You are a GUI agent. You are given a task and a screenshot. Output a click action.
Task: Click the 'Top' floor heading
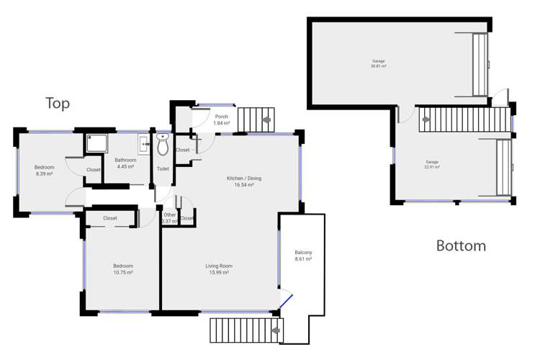[x=58, y=104]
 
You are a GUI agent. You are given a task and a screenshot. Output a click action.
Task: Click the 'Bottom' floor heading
[x=461, y=246]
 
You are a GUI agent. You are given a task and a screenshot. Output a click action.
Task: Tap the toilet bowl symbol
[x=163, y=146]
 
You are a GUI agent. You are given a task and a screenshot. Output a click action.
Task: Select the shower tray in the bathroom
[x=96, y=144]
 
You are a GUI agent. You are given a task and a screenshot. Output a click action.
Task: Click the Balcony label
[x=303, y=253]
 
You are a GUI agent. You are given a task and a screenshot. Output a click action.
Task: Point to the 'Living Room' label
[x=219, y=266]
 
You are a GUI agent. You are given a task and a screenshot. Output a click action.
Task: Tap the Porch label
[x=221, y=117]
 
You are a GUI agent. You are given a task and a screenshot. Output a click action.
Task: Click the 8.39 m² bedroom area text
[x=45, y=174]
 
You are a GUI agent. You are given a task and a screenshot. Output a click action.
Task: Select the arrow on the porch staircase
[x=267, y=120]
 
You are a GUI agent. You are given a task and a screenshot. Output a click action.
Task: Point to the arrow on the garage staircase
[x=426, y=120]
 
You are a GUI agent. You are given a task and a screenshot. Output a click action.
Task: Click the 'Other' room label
[x=169, y=215]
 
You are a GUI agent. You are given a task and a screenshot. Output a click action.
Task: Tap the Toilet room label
[x=163, y=169]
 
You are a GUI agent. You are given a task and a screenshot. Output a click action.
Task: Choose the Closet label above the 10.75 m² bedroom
[x=110, y=218]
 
